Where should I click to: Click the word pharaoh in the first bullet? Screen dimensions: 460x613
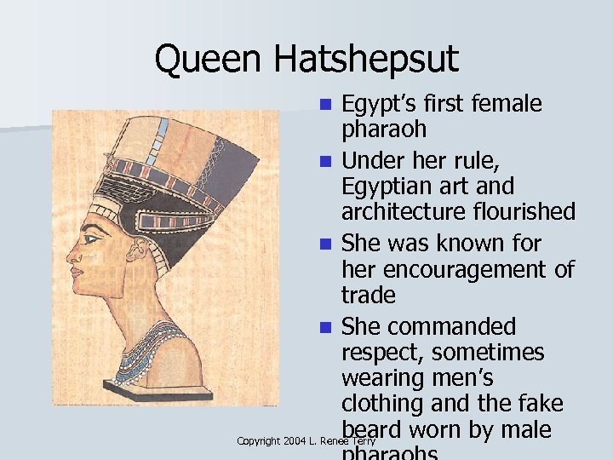point(384,130)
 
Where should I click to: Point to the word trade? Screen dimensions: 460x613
point(368,295)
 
